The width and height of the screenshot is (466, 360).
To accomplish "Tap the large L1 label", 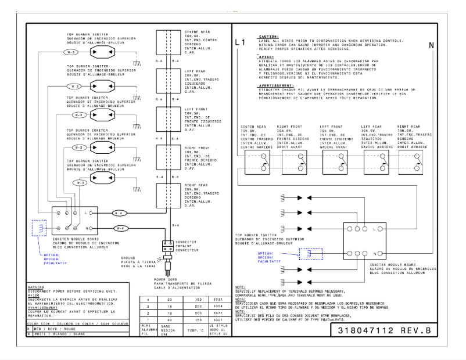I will (x=241, y=43).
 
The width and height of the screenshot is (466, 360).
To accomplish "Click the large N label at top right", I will (x=431, y=45).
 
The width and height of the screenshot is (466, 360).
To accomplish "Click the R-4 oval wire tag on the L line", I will (x=119, y=213).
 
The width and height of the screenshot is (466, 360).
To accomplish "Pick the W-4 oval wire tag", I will (x=119, y=228).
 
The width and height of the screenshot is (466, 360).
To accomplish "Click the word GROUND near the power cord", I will (x=128, y=257).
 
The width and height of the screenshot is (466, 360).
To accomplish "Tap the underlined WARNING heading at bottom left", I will (x=34, y=286).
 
